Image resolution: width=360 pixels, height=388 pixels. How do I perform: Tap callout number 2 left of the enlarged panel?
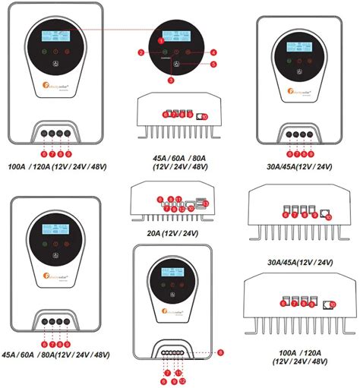(142, 52)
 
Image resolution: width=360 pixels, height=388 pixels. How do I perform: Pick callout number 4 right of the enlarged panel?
(214, 52)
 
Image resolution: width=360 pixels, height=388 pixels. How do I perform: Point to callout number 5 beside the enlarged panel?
(213, 65)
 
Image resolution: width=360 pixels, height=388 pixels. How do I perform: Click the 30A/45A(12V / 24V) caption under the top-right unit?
(298, 166)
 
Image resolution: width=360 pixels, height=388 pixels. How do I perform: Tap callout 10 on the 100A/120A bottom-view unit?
(333, 304)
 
